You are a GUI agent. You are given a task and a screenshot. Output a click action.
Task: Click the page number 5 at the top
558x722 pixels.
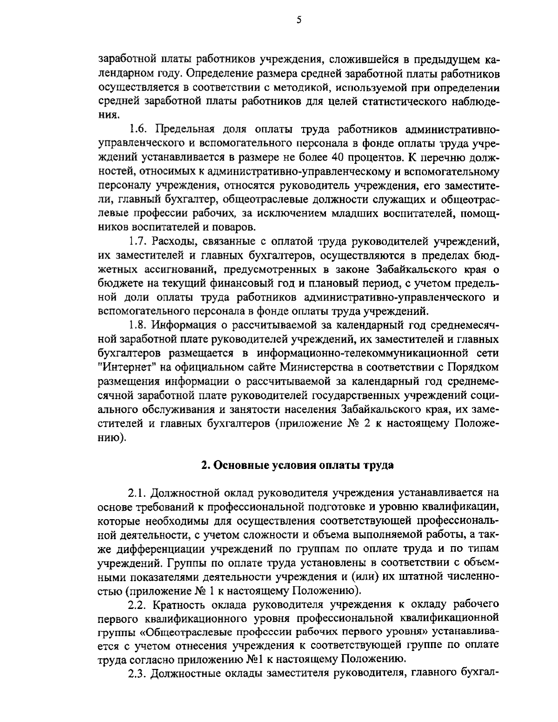point(299,20)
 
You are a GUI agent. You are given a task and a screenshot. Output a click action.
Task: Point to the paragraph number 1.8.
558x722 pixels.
point(138,325)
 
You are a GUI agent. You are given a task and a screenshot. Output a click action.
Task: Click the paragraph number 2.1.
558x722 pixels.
point(138,493)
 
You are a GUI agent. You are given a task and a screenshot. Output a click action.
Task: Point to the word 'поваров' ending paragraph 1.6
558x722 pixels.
point(237,227)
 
